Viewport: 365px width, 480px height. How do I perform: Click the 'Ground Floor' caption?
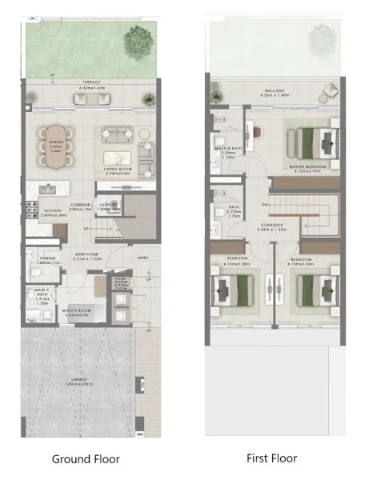click(x=86, y=459)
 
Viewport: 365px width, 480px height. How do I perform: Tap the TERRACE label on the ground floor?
click(x=83, y=84)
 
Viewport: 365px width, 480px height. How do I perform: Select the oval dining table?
click(x=55, y=146)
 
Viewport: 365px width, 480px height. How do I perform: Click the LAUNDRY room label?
click(x=109, y=204)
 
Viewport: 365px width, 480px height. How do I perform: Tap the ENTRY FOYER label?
click(x=85, y=257)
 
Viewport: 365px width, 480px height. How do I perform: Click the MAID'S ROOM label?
click(x=82, y=312)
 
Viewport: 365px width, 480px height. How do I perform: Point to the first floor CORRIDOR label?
click(x=272, y=226)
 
